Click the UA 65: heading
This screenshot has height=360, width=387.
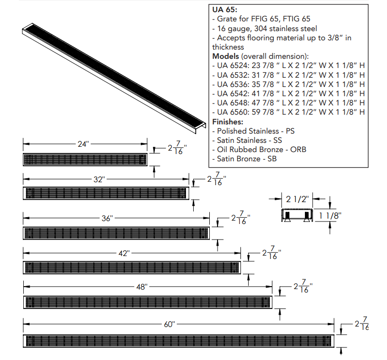[226, 10]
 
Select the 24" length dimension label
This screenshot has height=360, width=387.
[84, 144]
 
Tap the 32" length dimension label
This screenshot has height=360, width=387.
[99, 179]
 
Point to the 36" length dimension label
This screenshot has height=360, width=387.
[107, 218]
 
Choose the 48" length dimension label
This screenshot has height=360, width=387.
[141, 287]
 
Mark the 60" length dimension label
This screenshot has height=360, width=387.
[168, 324]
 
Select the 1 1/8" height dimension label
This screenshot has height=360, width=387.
[329, 216]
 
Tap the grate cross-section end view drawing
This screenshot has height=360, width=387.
[296, 216]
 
